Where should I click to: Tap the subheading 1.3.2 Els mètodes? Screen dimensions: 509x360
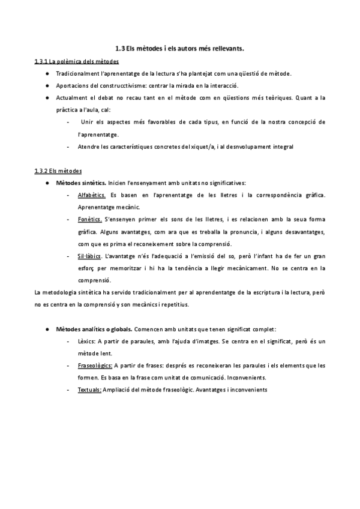tap(58, 170)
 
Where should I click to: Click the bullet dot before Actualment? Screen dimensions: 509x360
tap(47, 98)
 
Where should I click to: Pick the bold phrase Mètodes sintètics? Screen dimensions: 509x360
tap(81, 183)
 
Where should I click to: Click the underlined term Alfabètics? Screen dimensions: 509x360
tap(92, 195)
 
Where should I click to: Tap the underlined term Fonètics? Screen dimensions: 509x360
tap(90, 220)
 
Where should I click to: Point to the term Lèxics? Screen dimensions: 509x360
tap(88, 342)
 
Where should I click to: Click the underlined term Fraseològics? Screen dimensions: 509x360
tap(95, 366)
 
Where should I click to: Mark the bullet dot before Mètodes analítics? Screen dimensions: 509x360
tap(47, 330)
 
